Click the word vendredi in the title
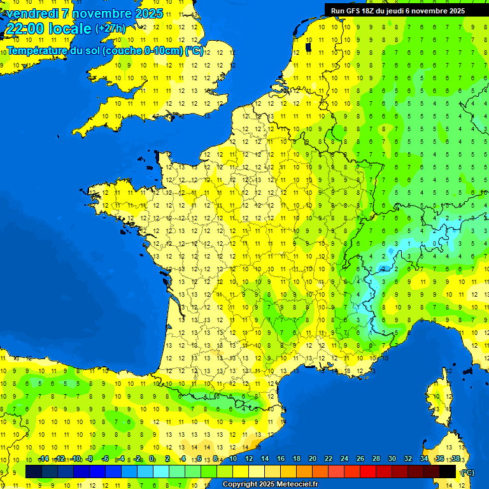tap(31, 13)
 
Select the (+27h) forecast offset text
tap(110, 29)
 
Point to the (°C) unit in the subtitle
tap(194, 50)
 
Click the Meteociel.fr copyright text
tap(270, 485)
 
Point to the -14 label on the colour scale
tap(43, 459)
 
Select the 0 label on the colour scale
tap(152, 459)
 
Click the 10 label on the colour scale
tap(232, 459)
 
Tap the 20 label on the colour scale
tap(312, 459)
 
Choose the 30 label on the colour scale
tap(392, 459)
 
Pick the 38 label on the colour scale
tap(455, 459)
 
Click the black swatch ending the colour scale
tap(448, 471)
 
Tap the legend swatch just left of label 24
tap(336, 471)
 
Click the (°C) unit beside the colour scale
tap(468, 472)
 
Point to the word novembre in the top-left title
tap(101, 13)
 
